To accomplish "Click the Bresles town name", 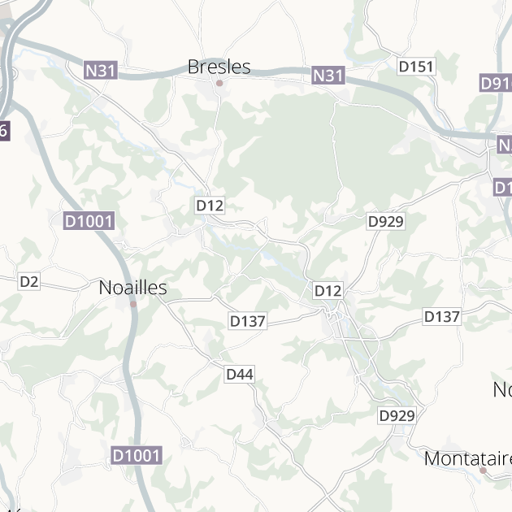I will [219, 67].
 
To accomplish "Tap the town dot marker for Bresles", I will [219, 83].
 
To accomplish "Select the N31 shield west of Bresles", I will [101, 71].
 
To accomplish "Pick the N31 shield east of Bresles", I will [328, 76].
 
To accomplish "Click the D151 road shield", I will [416, 67].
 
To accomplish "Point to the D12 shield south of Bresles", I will [210, 206].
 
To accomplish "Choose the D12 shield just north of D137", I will [328, 290].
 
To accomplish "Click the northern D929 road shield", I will [386, 221].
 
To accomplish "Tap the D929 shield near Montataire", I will [397, 415].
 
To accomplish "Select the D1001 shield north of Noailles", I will [89, 221].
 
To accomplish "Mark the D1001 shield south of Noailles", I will [137, 456].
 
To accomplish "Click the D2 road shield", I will [29, 281].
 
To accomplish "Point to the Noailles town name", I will [132, 288].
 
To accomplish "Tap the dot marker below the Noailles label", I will [132, 305].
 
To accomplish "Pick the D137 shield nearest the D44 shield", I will [248, 321].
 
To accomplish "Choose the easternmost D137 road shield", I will [442, 316].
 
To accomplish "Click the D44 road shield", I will [240, 374].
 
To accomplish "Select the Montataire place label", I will [467, 458].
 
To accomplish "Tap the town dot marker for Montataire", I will [483, 470].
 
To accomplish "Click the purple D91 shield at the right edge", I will [496, 83].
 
